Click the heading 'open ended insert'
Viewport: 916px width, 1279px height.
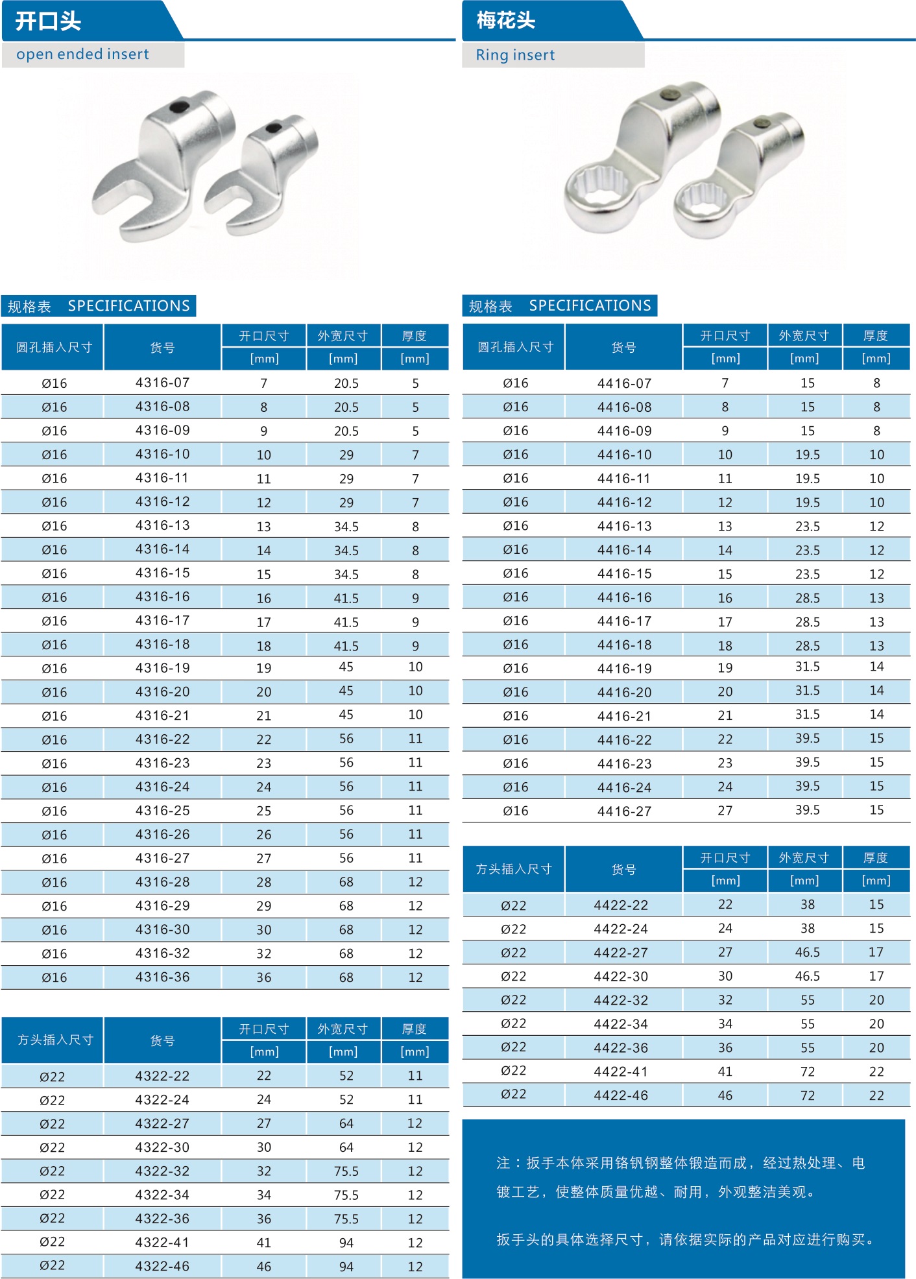point(82,54)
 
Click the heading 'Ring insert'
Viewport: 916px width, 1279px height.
point(515,55)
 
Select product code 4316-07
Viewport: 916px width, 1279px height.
point(162,383)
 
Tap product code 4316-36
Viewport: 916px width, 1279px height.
point(162,977)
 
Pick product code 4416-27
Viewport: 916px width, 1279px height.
point(624,811)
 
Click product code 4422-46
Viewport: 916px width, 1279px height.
point(621,1095)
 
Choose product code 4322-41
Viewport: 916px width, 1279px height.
point(162,1243)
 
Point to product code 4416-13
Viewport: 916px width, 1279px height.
point(624,526)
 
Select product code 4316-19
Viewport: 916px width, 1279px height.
point(162,668)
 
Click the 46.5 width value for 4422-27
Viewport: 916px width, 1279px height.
point(807,952)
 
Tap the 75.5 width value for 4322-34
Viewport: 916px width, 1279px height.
point(346,1195)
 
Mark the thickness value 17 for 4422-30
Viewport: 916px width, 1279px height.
point(876,976)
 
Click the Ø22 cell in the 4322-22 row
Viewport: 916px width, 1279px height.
point(52,1077)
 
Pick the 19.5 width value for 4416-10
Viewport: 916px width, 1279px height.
point(807,455)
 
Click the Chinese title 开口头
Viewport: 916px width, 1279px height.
point(48,21)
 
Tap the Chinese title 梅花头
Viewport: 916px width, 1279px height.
point(506,21)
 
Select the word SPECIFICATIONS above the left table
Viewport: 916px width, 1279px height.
point(128,305)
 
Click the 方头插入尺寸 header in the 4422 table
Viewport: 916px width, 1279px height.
point(513,869)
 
